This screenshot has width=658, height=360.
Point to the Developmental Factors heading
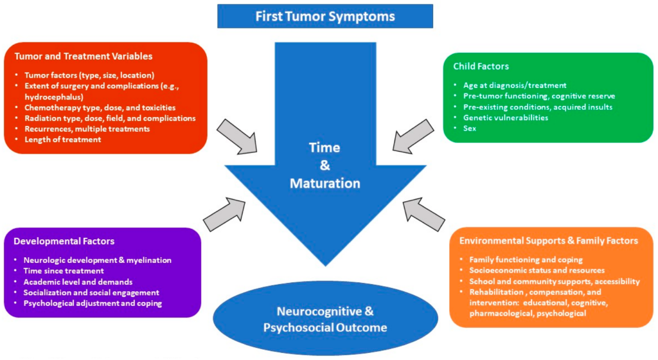(x=64, y=242)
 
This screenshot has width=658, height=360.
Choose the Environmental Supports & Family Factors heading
(x=548, y=241)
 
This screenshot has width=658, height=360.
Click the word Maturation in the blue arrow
(x=325, y=183)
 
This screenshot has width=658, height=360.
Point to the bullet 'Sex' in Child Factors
(x=470, y=129)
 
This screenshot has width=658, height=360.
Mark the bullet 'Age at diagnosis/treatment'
(x=515, y=85)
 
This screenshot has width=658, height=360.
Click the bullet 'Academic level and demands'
(x=78, y=282)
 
